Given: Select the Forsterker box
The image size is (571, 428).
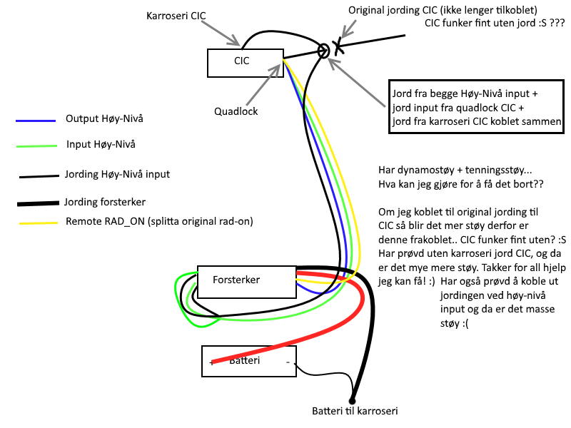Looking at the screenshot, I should pos(244,280).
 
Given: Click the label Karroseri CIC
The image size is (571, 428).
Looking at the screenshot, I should pos(176,15).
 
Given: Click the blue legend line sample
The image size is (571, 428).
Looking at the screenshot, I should pos(36,120).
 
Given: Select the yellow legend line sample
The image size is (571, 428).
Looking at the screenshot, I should pos(36,223).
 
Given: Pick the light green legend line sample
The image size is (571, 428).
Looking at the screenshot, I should pos(36,146).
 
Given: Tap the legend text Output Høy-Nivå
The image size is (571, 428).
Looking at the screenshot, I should pos(99,118).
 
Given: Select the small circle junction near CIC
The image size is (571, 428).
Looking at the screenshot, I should pos(323,50).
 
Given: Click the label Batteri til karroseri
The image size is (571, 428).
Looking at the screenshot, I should pos(355,412).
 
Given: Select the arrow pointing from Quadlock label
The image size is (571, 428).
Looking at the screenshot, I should pos(263,84).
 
